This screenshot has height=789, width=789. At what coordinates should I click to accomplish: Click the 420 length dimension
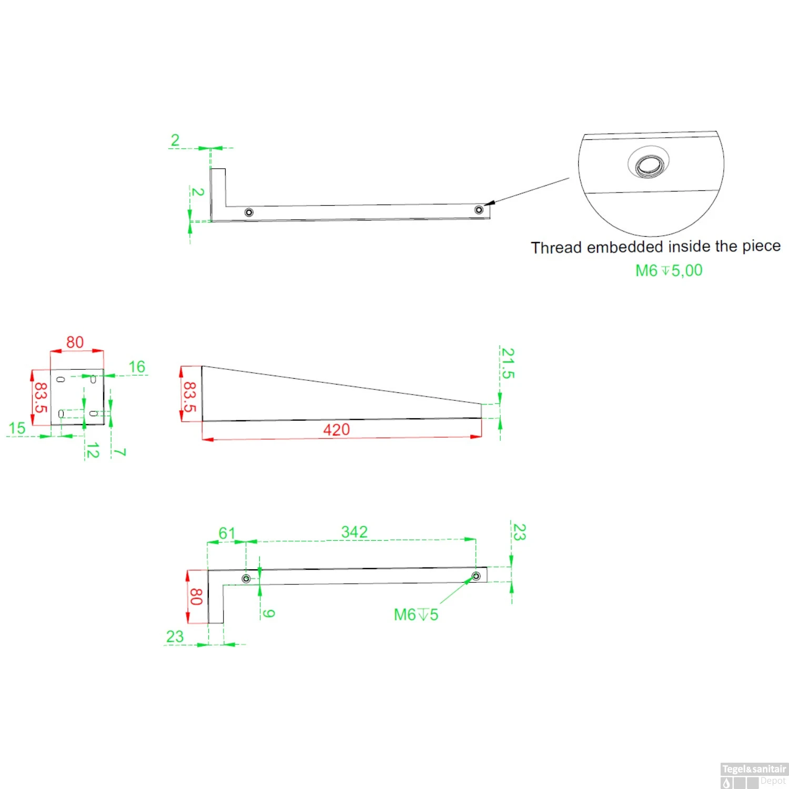336,430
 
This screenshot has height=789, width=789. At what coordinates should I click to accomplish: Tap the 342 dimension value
354,532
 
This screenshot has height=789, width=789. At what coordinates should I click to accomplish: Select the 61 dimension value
227,533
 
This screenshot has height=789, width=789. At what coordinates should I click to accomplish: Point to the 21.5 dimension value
508,363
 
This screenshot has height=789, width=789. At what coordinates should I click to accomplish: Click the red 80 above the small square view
75,342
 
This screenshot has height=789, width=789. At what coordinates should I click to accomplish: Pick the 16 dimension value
137,367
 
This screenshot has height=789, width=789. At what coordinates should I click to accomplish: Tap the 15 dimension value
17,428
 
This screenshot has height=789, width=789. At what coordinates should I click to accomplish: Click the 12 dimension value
93,451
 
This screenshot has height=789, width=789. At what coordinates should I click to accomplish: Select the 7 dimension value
120,452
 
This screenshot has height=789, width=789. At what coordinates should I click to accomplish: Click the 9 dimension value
268,613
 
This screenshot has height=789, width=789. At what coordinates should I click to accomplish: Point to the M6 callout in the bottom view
416,614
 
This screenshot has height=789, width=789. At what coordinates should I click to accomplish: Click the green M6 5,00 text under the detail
669,270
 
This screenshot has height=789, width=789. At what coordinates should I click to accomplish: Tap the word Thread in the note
556,247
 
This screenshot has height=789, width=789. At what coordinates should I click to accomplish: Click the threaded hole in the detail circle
649,165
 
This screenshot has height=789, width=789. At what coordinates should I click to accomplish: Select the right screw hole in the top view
479,210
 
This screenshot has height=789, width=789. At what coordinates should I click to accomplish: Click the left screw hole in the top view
249,213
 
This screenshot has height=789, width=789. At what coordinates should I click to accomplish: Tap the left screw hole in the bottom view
246,579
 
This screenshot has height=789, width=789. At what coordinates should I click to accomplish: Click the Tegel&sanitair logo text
754,769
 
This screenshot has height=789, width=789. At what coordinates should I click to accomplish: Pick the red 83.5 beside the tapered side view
189,397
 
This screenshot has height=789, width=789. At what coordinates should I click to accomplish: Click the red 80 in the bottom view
196,596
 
